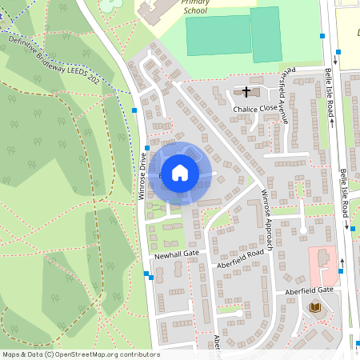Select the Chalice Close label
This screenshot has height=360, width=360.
[x=255, y=107]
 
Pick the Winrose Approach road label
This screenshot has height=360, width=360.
[x=267, y=219]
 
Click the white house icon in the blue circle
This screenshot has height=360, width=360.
[x=180, y=172]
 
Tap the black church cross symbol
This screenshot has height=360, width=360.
[x=246, y=91]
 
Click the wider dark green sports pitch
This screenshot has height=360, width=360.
[x=217, y=36]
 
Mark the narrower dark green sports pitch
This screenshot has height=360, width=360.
[x=266, y=35]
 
